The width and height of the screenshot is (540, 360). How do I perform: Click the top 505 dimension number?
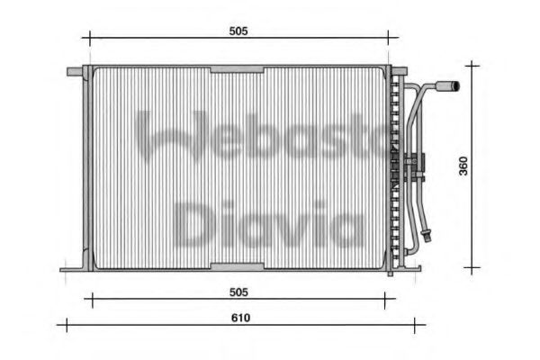tap(238, 31)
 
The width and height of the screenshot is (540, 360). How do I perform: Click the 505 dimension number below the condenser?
tap(238, 292)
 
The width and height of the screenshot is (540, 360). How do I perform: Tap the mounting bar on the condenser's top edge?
tap(237, 68)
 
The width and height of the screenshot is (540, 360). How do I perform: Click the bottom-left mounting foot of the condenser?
tap(72, 268)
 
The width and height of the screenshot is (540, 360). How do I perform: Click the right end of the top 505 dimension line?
tap(389, 38)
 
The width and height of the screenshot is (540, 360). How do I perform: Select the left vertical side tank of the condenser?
tap(86, 168)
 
